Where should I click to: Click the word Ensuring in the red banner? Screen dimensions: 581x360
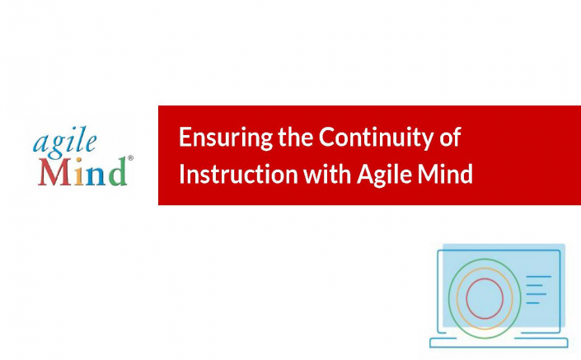[226, 138]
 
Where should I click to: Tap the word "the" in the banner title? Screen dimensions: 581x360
[296, 136]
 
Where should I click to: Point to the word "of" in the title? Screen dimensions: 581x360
[450, 137]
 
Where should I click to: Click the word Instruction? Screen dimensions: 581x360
[239, 173]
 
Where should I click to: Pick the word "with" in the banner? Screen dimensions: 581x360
[327, 173]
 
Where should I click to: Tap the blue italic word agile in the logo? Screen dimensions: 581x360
[64, 142]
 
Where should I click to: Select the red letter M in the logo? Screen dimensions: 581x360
[54, 172]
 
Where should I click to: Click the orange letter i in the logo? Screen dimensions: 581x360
[78, 172]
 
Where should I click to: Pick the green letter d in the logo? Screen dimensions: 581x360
[118, 171]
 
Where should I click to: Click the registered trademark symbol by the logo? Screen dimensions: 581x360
[130, 158]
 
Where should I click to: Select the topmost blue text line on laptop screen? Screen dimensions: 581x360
[539, 276]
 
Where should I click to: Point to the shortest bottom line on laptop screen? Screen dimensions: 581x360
[533, 303]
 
